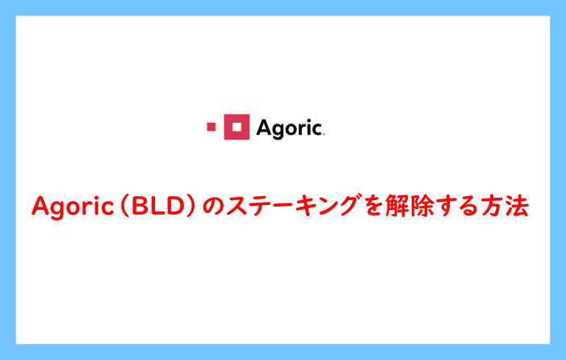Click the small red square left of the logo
tap(212, 127)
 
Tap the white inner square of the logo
tap(237, 127)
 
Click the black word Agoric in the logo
tap(290, 128)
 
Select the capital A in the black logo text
tap(264, 128)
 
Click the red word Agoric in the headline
tap(73, 207)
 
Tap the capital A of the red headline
tap(41, 205)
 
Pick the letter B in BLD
tap(138, 206)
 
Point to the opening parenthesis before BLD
tap(124, 206)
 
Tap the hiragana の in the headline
tap(212, 207)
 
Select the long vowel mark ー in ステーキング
tap(283, 206)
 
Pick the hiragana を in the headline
tap(373, 206)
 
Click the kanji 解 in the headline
tap(396, 206)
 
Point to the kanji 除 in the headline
tap(421, 206)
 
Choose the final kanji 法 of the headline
tap(518, 206)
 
